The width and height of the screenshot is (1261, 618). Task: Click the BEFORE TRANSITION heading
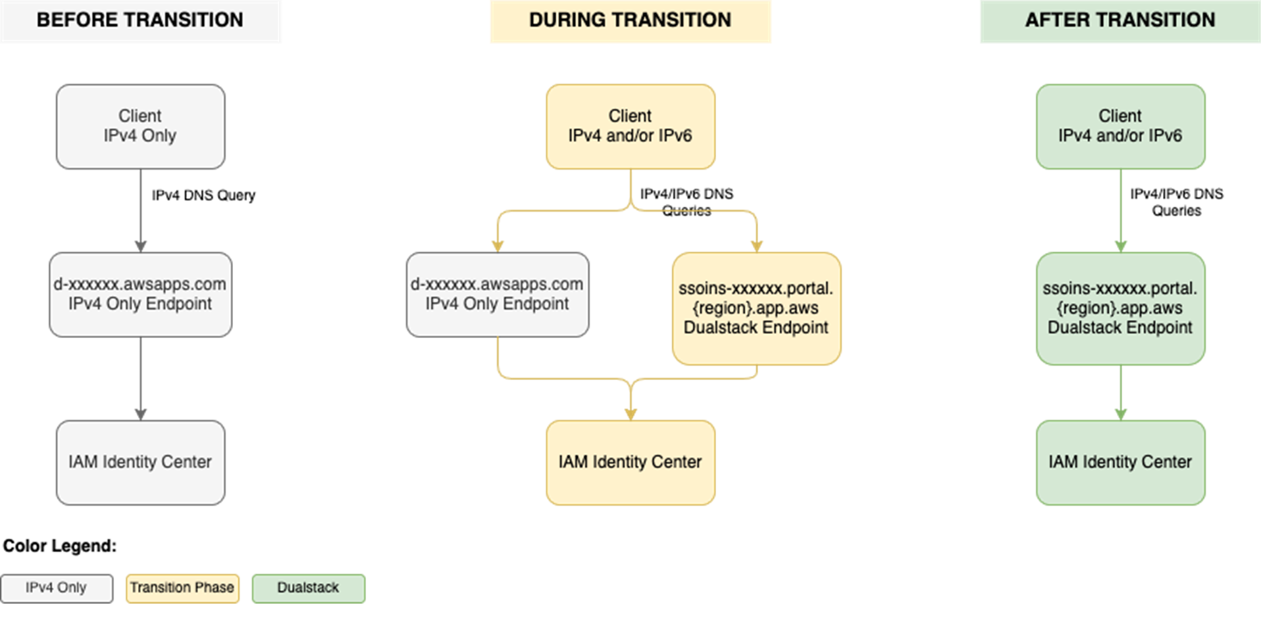(x=140, y=20)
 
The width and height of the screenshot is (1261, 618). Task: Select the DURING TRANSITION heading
(x=630, y=20)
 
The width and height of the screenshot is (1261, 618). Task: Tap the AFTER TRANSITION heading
(x=1119, y=20)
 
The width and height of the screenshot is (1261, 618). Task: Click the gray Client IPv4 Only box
(x=140, y=126)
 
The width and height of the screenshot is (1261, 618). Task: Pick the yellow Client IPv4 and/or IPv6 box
(x=630, y=126)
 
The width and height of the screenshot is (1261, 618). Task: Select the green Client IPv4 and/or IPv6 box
(x=1120, y=126)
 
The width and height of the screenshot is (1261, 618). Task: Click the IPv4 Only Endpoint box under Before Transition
(x=140, y=295)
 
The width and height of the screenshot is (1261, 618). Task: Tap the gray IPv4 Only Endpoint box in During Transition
(x=498, y=295)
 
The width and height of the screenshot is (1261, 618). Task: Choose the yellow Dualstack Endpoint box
(x=756, y=308)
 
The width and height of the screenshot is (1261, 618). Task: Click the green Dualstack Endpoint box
(x=1120, y=308)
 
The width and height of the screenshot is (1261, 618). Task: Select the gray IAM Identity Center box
(x=140, y=462)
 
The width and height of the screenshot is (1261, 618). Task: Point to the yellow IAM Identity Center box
(x=630, y=462)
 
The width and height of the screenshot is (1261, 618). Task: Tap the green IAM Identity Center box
(x=1120, y=462)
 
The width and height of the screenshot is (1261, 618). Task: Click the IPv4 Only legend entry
(x=57, y=588)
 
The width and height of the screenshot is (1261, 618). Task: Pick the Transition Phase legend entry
(x=182, y=588)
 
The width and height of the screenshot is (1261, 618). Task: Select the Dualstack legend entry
(x=308, y=588)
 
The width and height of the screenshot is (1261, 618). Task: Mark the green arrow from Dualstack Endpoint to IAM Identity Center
(x=1120, y=392)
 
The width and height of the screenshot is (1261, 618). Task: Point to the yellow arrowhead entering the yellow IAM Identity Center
(x=630, y=414)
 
